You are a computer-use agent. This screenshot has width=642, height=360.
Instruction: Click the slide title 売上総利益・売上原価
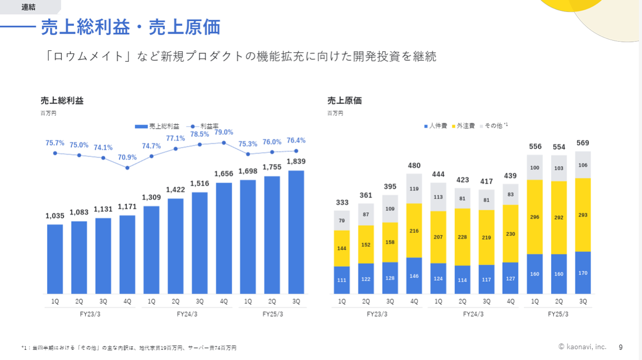click(131, 27)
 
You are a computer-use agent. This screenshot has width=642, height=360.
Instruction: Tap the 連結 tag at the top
click(29, 6)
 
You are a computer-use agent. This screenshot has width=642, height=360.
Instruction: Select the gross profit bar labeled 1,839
click(296, 232)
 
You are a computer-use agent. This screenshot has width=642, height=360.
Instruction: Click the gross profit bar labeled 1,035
click(55, 259)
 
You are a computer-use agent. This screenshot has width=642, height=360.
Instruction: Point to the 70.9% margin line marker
click(127, 167)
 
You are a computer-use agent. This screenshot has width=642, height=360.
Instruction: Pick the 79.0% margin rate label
click(224, 132)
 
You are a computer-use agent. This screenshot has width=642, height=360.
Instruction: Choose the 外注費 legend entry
click(463, 126)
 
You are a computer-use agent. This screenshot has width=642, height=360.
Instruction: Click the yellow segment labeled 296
click(535, 217)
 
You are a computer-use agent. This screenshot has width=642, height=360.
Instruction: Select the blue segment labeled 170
click(583, 273)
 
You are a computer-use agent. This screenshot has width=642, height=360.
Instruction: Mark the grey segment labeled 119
click(414, 189)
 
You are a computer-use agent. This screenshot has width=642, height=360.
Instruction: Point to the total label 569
click(583, 143)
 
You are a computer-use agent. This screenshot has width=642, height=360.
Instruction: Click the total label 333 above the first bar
click(342, 202)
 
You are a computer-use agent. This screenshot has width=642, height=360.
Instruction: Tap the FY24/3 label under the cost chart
click(473, 315)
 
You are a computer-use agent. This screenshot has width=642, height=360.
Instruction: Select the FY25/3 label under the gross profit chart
click(272, 315)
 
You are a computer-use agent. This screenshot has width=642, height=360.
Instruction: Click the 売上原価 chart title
click(344, 101)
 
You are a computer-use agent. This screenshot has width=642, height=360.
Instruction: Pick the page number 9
click(621, 347)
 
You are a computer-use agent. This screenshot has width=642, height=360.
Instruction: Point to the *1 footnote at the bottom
click(128, 348)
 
